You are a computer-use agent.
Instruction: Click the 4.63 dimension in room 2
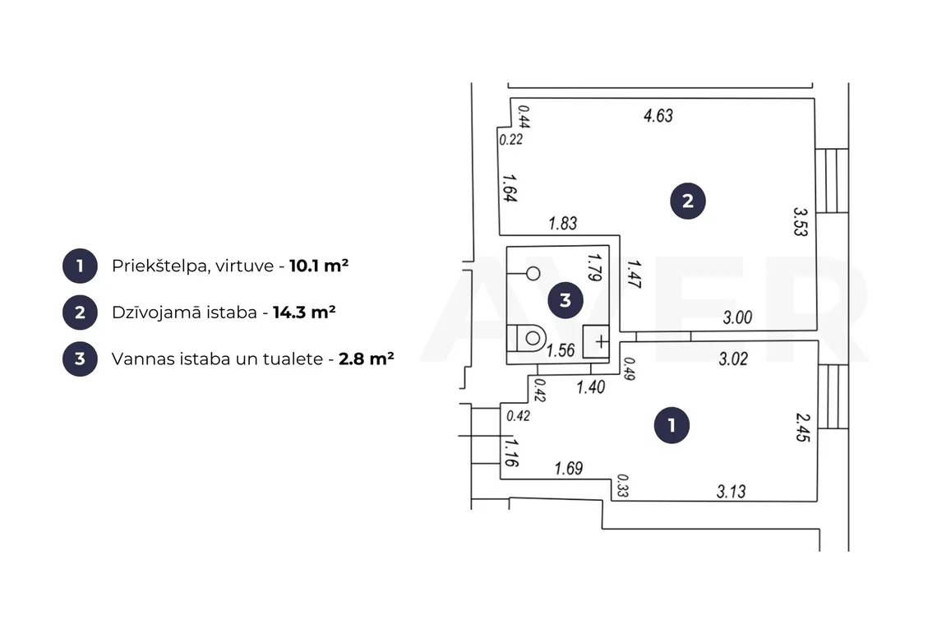point(658,115)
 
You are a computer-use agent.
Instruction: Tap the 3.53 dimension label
point(801,222)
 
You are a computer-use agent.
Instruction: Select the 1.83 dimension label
point(563,223)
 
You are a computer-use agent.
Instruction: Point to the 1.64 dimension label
point(510,187)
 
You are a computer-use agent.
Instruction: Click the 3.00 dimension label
point(737,317)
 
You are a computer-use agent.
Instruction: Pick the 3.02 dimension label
point(733,359)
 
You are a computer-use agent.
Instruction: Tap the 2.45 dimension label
point(803,427)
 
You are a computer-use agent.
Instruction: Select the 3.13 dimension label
point(732,491)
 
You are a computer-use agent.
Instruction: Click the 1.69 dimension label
point(568,468)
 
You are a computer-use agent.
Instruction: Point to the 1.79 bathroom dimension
point(594,266)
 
